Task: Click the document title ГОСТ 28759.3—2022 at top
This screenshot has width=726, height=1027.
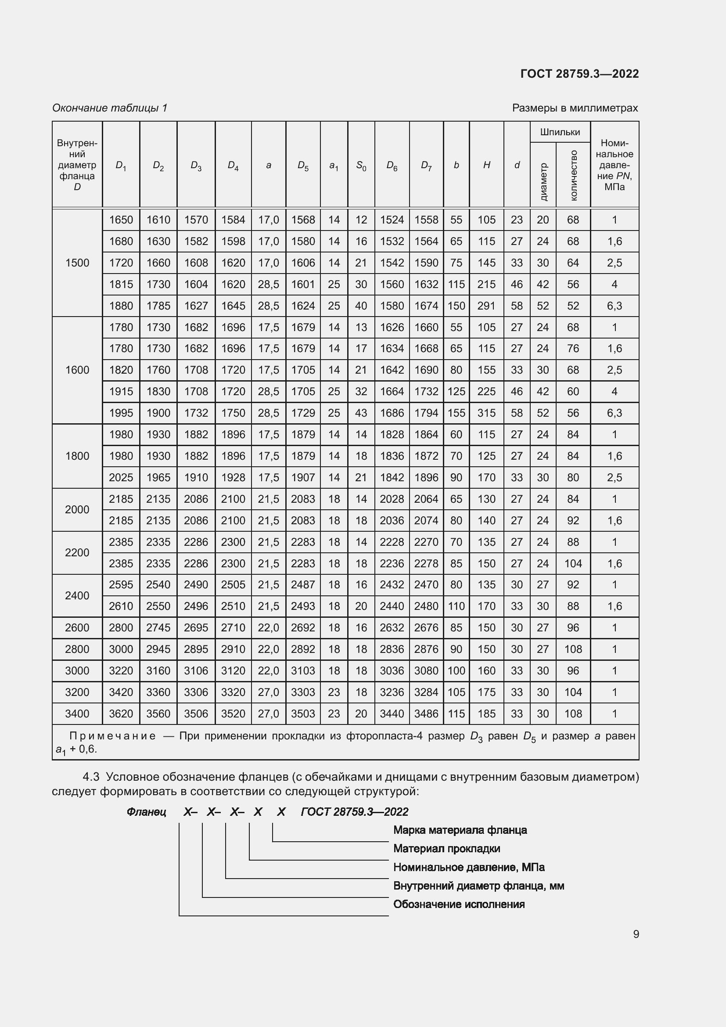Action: pyautogui.click(x=579, y=74)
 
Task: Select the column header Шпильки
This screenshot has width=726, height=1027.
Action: pyautogui.click(x=560, y=132)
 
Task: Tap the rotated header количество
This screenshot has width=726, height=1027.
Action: pyautogui.click(x=573, y=175)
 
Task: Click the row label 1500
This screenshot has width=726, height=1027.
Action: pyautogui.click(x=77, y=263)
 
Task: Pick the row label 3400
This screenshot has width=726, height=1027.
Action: pyautogui.click(x=77, y=713)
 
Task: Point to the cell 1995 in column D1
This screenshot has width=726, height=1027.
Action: pyautogui.click(x=121, y=413)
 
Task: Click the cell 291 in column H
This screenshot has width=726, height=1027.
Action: pyautogui.click(x=486, y=306)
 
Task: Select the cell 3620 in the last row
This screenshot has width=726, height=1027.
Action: pyautogui.click(x=121, y=713)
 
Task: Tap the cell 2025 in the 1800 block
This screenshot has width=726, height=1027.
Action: pyautogui.click(x=121, y=477)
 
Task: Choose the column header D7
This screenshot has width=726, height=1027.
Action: pyautogui.click(x=426, y=166)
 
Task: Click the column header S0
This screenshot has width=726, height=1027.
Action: pyautogui.click(x=361, y=166)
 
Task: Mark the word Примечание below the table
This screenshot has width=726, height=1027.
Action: pyautogui.click(x=112, y=736)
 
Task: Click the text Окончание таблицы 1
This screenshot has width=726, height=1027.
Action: pyautogui.click(x=110, y=108)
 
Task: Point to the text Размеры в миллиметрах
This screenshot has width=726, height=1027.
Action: pyautogui.click(x=575, y=108)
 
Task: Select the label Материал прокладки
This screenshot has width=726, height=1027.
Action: pyautogui.click(x=446, y=849)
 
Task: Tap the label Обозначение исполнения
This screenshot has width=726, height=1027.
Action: pyautogui.click(x=459, y=904)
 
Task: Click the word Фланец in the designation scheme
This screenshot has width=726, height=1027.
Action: pyautogui.click(x=146, y=812)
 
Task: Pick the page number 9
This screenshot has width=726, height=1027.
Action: pyautogui.click(x=636, y=934)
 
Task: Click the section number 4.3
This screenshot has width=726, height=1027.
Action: pyautogui.click(x=91, y=777)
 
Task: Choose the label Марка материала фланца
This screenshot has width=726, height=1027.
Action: pyautogui.click(x=460, y=830)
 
